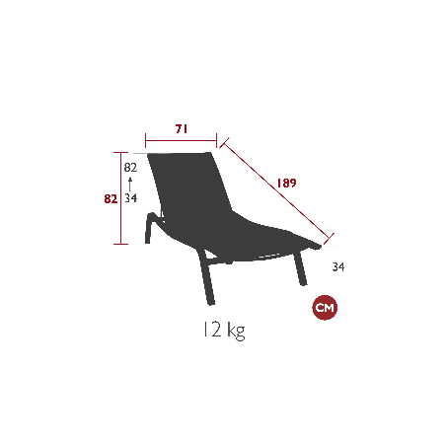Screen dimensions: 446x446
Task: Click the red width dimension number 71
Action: coord(182,129)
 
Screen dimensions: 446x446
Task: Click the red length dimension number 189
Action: coord(286,184)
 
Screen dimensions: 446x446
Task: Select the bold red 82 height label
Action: coord(111,199)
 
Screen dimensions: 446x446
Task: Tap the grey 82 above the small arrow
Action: coord(130,168)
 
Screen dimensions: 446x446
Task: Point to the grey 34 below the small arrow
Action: coord(130,198)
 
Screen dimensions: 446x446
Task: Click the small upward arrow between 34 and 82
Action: coord(130,185)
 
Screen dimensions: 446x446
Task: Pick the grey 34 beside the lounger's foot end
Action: coord(338,266)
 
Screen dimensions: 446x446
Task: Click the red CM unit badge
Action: coord(325,308)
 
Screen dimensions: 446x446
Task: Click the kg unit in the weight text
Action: coord(237,331)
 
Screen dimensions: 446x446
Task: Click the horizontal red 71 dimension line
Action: coord(181,141)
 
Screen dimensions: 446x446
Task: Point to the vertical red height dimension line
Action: coord(120,198)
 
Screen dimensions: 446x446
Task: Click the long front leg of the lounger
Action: coord(206,277)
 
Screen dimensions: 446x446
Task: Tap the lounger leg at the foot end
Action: coord(301,268)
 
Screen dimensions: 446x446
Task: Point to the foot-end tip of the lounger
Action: coord(320,246)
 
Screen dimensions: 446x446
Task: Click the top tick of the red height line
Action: coord(120,153)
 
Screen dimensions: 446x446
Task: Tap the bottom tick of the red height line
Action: coord(120,244)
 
